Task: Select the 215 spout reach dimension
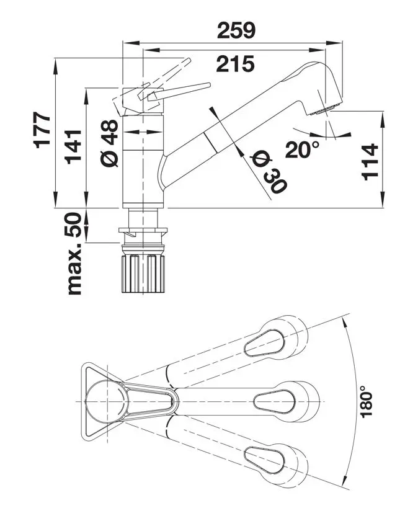pos(235,63)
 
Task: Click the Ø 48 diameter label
pos(109,143)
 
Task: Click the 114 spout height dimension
pos(369,161)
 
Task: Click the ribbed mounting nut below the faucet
pos(144,272)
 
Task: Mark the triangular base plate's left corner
pos(82,372)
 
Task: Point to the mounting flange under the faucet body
pos(144,233)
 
